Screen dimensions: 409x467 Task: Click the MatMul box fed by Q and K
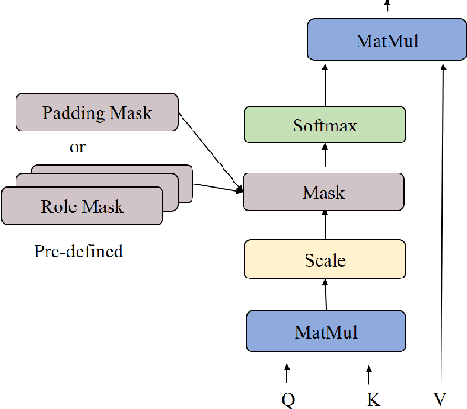click(x=325, y=330)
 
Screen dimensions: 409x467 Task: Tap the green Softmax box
click(x=325, y=125)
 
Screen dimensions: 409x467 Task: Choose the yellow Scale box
click(x=325, y=260)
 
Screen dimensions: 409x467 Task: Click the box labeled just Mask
click(x=325, y=193)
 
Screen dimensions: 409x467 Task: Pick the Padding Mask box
click(x=96, y=113)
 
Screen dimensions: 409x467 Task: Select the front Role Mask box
click(x=81, y=205)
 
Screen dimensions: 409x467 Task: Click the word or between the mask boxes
click(x=78, y=146)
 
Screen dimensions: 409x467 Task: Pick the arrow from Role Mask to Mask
click(x=217, y=189)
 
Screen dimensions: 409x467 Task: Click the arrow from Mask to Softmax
click(x=325, y=159)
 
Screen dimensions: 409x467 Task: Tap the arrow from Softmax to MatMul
click(x=325, y=84)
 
